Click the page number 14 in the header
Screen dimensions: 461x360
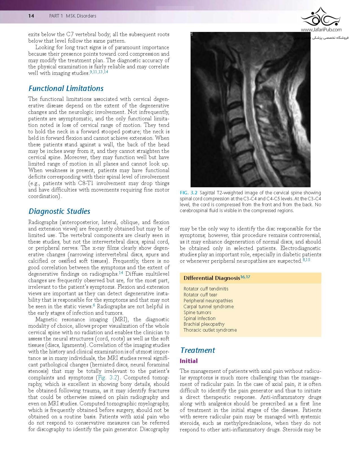pos(31,16)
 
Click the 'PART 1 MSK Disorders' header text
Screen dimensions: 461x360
pos(73,16)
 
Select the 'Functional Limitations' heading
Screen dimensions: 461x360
pos(66,88)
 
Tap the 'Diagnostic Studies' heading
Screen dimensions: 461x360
pos(59,211)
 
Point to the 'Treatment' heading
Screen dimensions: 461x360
pos(198,350)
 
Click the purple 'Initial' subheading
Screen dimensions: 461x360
pos(189,361)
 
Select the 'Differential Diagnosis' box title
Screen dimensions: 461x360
pos(211,278)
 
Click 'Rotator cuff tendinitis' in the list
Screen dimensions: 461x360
pos(206,289)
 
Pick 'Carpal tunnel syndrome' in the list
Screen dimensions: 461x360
pos(208,306)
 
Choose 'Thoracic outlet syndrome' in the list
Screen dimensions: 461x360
pos(210,330)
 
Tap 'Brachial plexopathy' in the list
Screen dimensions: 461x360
pos(204,324)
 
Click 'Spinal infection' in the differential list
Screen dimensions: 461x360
pos(199,318)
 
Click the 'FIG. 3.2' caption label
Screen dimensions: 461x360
pos(188,193)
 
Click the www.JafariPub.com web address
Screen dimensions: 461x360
pos(321,29)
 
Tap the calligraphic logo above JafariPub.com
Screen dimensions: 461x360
pos(321,17)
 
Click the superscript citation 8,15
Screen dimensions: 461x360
pos(306,260)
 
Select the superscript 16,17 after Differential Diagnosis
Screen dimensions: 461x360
pos(245,277)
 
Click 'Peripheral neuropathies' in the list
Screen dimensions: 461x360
pos(208,301)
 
